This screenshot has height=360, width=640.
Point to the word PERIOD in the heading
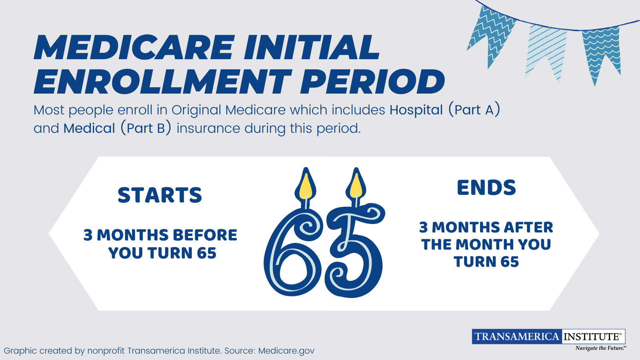tap(372, 82)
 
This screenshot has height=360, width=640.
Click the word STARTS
tap(160, 195)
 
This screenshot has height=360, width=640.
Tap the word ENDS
tap(486, 188)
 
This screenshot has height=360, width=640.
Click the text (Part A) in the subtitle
tap(474, 110)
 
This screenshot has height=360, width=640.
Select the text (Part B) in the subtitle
tap(146, 128)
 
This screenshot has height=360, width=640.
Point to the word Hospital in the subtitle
tap(416, 110)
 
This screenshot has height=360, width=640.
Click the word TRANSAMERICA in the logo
tap(517, 336)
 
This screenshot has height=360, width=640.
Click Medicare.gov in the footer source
tap(286, 351)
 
